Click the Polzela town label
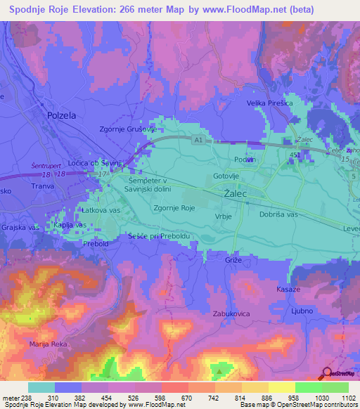click(x=60, y=115)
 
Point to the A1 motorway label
click(x=198, y=141)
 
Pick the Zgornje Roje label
click(x=174, y=207)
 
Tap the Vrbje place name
click(x=222, y=217)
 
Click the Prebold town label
click(x=95, y=244)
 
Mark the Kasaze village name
click(x=288, y=290)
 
